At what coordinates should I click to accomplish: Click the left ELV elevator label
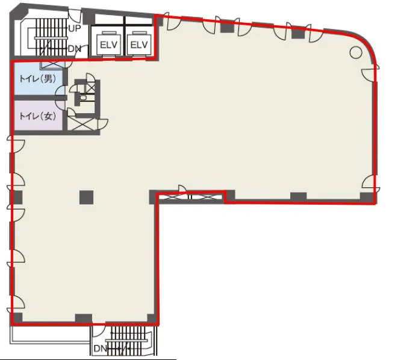pyautogui.click(x=108, y=45)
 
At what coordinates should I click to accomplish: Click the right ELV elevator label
pyautogui.click(x=139, y=45)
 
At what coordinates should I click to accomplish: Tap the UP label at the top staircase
pyautogui.click(x=75, y=28)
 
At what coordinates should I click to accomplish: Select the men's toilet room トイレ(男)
pyautogui.click(x=39, y=79)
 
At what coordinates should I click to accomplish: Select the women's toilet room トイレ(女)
pyautogui.click(x=39, y=116)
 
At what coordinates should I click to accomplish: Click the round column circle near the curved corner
pyautogui.click(x=356, y=52)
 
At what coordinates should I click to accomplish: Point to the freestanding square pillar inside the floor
pyautogui.click(x=86, y=197)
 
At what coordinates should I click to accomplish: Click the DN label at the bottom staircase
pyautogui.click(x=100, y=349)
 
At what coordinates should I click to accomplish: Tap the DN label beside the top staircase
pyautogui.click(x=75, y=49)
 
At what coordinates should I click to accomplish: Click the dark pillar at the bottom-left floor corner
pyautogui.click(x=17, y=318)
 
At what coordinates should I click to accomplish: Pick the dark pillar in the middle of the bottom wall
pyautogui.click(x=84, y=318)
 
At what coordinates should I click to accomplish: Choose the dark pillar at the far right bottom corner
pyautogui.click(x=367, y=198)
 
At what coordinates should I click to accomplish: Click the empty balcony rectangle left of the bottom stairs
pyautogui.click(x=50, y=335)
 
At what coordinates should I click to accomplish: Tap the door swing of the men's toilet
pyautogui.click(x=60, y=91)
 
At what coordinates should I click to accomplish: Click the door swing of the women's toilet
pyautogui.click(x=60, y=105)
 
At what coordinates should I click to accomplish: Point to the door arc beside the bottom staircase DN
pyautogui.click(x=99, y=331)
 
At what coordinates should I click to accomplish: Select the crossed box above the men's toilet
pyautogui.click(x=53, y=65)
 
